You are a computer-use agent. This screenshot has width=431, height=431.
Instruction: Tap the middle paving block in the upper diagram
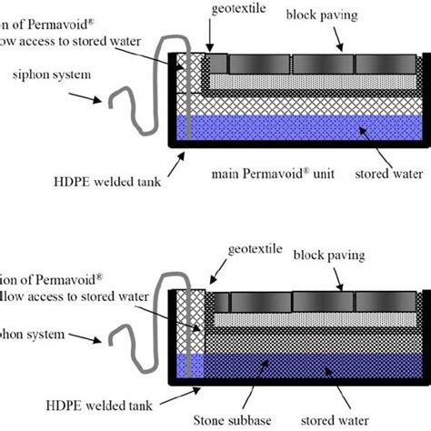(322, 64)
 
